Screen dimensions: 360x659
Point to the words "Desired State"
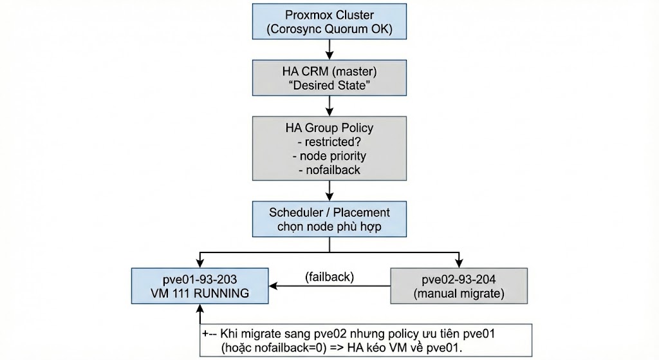[329, 85]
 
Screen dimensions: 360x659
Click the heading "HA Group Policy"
[329, 127]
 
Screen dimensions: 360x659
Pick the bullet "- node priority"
[329, 155]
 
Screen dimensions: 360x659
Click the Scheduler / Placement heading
[329, 212]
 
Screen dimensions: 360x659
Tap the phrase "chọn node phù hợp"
[329, 226]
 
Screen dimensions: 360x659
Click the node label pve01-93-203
[200, 279]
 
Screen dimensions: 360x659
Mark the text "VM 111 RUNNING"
[200, 294]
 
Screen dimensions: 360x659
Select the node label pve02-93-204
[459, 279]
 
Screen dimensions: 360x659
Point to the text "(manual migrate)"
[459, 294]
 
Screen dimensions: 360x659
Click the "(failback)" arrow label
[329, 277]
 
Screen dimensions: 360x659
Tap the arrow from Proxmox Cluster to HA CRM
[329, 49]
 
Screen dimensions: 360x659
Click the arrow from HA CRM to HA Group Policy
[329, 106]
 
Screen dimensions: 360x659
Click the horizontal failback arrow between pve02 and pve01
[329, 286]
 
